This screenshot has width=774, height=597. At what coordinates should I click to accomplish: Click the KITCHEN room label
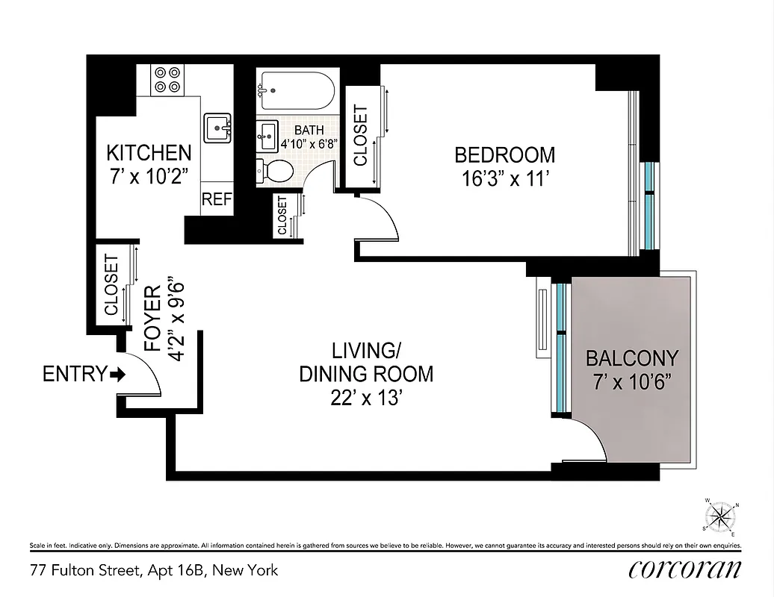(x=149, y=153)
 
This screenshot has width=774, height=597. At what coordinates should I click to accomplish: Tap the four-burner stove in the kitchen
(x=167, y=80)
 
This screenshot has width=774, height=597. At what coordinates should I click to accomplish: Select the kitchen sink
(x=217, y=128)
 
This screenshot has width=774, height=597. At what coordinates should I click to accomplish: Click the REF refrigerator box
(x=217, y=200)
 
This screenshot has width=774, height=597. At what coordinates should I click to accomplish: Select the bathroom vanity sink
(x=267, y=136)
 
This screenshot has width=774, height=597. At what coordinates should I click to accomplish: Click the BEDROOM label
(x=505, y=155)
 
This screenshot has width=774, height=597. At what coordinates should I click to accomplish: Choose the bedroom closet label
(x=361, y=136)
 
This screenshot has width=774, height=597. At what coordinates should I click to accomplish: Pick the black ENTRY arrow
(x=117, y=374)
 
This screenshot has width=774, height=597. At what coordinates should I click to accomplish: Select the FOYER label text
(x=152, y=319)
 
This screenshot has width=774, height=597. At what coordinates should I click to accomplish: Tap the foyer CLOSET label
(x=111, y=284)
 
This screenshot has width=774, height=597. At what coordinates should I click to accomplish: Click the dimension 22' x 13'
(x=367, y=398)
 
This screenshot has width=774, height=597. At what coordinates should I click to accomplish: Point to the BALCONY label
(x=631, y=357)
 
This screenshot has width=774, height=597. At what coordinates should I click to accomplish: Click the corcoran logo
(x=685, y=569)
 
